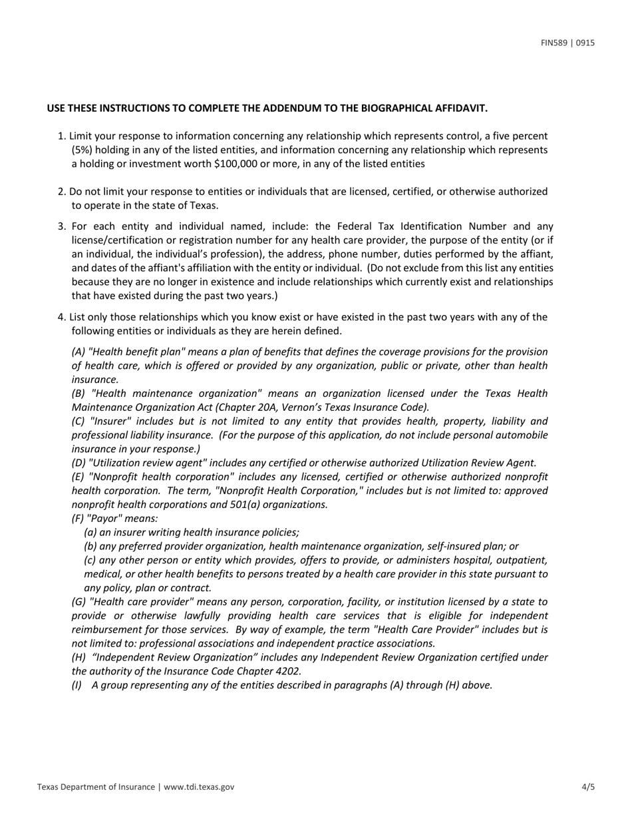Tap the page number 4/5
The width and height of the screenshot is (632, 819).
[588, 787]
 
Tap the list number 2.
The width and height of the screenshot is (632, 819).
[61, 192]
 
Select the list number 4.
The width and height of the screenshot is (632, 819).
[61, 317]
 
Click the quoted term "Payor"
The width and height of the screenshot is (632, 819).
[105, 518]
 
